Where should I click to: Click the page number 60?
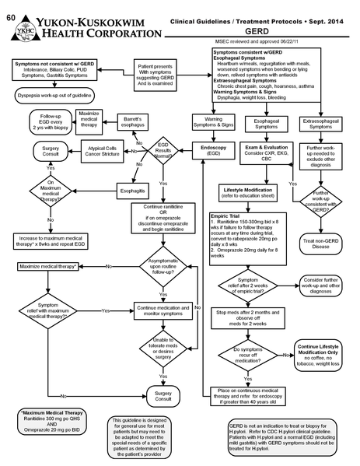point(7,7)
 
